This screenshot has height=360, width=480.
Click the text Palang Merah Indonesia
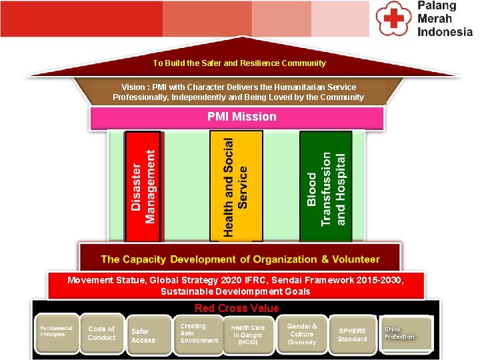445,19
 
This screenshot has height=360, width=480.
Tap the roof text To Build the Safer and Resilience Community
239,63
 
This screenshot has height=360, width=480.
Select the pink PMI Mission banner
241,117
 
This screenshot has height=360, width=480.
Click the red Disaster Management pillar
143,186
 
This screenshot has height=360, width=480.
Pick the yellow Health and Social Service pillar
236,186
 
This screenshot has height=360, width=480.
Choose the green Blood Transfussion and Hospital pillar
326,187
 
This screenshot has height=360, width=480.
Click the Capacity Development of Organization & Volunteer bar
240,259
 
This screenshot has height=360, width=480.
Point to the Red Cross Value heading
237,308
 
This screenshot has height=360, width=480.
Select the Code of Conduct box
101,333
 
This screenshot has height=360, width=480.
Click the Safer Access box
145,335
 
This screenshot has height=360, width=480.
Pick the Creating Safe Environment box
198,333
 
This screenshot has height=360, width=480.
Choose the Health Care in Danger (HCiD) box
247,335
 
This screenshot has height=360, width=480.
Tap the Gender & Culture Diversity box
302,333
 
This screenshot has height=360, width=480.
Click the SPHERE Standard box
353,335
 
